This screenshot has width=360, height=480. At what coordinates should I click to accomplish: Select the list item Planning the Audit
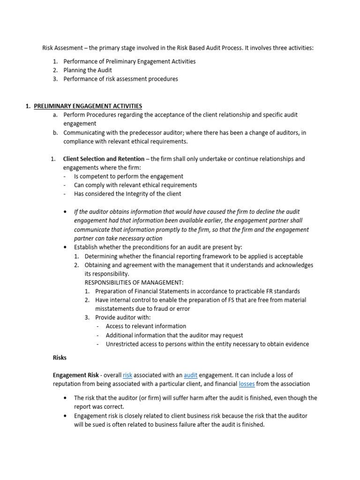click(88, 70)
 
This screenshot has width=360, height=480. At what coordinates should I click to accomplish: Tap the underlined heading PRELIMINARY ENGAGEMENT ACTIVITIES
click(88, 106)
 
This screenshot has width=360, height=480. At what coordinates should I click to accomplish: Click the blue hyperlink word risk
click(127, 375)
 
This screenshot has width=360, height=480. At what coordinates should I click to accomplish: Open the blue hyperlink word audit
click(191, 375)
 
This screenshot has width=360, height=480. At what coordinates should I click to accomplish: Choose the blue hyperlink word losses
click(247, 384)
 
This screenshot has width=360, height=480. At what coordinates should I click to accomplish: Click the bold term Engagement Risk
click(75, 375)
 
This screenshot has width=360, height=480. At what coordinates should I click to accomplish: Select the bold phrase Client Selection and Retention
click(104, 159)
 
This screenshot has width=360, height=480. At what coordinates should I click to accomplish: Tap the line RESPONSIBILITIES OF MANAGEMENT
click(134, 282)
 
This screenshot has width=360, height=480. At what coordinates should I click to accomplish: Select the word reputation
click(69, 384)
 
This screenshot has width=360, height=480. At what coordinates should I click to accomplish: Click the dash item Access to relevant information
click(146, 326)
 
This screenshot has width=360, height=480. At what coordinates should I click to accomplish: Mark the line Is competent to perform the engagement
click(128, 176)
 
